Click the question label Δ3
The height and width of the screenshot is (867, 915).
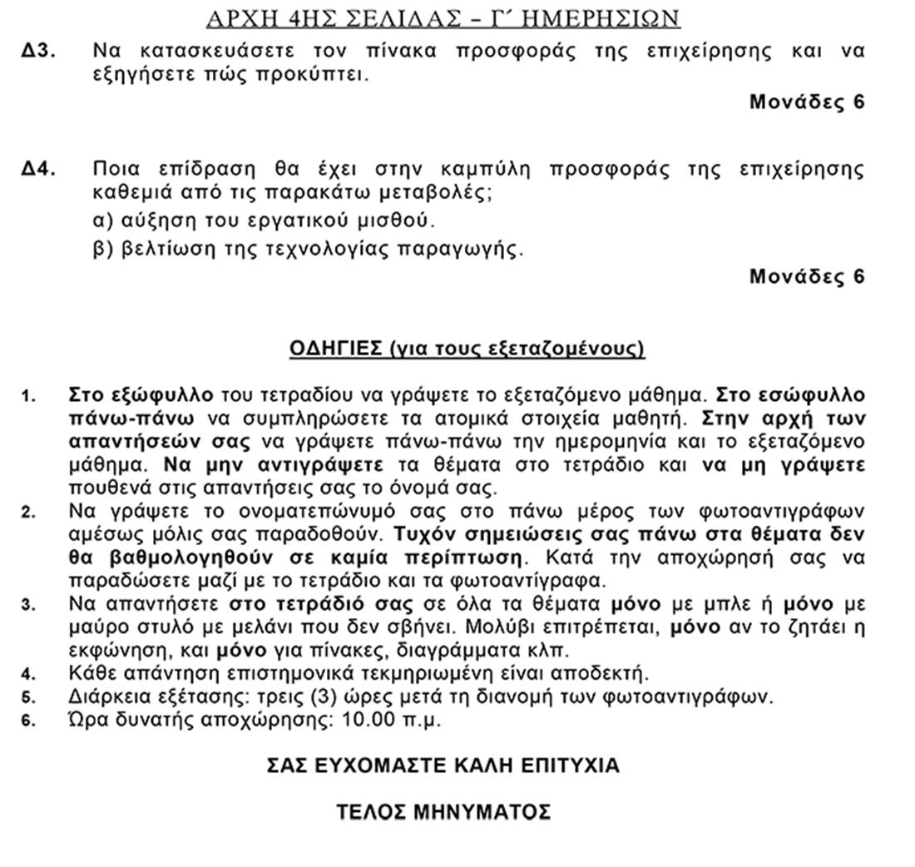(39, 51)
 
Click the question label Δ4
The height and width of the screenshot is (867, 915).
(39, 170)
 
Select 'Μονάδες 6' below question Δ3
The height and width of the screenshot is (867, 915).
(807, 102)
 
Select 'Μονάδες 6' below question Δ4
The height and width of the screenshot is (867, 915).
(807, 276)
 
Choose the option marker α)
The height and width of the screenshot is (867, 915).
(102, 221)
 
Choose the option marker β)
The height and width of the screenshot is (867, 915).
(102, 249)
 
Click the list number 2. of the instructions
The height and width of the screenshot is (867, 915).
(29, 512)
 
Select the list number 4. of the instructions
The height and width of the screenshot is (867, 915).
(29, 674)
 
